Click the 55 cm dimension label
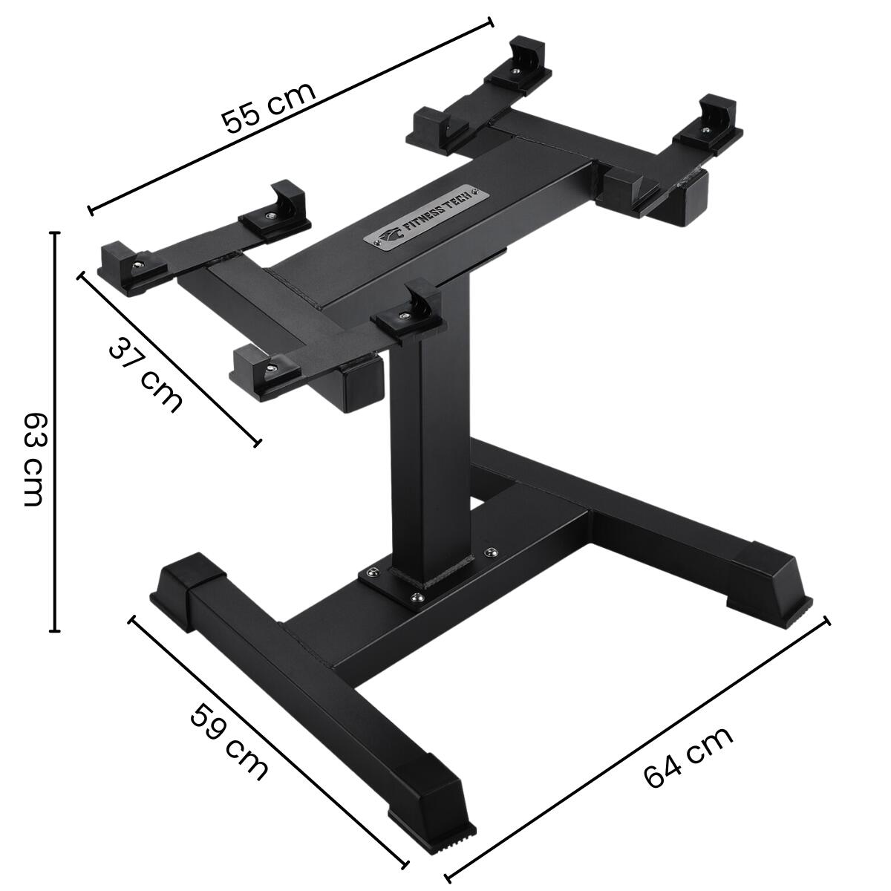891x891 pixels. pos(269,108)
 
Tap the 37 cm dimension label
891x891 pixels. pos(146,373)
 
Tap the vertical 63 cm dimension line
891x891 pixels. pos(55,431)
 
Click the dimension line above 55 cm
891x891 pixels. pos(291,116)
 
